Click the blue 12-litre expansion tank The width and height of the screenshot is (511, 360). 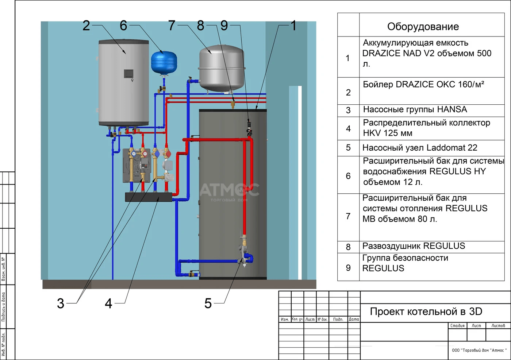[164, 62]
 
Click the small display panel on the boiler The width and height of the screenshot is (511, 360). [128, 73]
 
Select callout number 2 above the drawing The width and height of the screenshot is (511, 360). [86, 26]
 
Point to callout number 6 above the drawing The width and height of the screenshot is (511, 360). [123, 26]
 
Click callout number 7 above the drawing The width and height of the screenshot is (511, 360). [172, 26]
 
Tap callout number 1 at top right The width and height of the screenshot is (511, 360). [293, 26]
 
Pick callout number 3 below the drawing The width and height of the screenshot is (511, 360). [61, 303]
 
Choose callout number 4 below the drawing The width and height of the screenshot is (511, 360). [108, 303]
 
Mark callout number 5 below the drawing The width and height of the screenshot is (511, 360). [208, 303]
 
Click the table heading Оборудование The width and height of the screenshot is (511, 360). [423, 27]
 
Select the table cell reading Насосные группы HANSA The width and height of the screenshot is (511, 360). [415, 109]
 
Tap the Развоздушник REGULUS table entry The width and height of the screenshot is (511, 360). [414, 246]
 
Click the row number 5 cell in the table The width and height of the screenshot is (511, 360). [348, 148]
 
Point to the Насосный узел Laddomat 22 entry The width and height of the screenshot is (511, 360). [420, 148]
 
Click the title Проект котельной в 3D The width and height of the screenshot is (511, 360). [426, 311]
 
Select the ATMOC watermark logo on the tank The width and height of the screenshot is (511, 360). [229, 190]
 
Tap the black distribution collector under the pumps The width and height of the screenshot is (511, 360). [149, 197]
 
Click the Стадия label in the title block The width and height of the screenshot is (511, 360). [457, 326]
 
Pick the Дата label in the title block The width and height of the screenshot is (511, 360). [354, 319]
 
